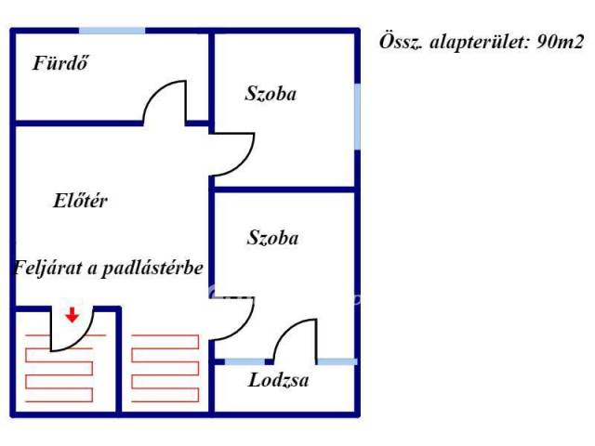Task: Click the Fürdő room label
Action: pos(65,64)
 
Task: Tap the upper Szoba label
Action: pos(271,93)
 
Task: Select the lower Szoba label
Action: pos(272,238)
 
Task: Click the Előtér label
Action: pos(80,200)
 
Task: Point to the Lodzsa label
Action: pos(279,380)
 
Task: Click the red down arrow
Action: pos(72,315)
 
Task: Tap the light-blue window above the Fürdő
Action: pos(112,31)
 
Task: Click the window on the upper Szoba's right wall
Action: pos(357,116)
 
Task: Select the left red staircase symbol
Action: pos(58,367)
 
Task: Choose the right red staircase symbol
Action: pos(165,367)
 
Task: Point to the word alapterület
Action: pos(470,42)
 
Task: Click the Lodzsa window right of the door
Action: pos(337,361)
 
